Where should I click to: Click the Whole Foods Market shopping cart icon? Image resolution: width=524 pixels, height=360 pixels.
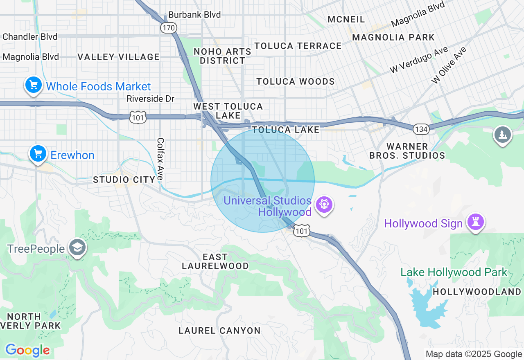pos(33,85)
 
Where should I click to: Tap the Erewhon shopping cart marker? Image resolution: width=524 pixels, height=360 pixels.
pos(38,154)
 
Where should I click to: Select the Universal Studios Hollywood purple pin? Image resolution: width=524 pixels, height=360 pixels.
pos(324,204)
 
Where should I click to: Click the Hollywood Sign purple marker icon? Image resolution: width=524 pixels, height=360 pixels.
pos(477,222)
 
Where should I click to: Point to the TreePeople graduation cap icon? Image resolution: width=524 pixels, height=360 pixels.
pos(77,248)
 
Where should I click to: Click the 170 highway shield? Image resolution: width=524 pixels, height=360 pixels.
pos(168,28)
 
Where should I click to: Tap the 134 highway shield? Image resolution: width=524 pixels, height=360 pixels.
pos(420,129)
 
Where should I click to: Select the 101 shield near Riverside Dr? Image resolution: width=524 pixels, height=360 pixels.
pos(137,118)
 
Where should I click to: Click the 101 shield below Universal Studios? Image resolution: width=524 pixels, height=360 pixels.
pos(302,231)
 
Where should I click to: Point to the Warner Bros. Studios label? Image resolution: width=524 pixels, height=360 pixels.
pos(407,151)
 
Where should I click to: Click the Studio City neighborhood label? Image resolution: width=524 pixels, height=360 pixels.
pos(124,179)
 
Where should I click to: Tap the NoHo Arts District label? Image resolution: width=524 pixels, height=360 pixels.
pos(222,56)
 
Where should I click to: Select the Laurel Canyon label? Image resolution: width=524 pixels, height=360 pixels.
pos(219,331)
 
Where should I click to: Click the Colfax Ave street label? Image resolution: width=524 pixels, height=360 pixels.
pos(160,158)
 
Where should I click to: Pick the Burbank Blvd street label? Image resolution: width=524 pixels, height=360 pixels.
pos(194,15)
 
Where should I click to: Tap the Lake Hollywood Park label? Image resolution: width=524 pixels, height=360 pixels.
pos(454,272)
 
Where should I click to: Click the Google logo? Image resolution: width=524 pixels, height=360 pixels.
pos(27,351)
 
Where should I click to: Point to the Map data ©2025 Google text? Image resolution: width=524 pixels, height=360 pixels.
pos(474,354)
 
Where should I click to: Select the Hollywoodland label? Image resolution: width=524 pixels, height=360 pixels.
pos(477,292)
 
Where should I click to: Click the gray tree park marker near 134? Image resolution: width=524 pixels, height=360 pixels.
pos(502,135)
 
